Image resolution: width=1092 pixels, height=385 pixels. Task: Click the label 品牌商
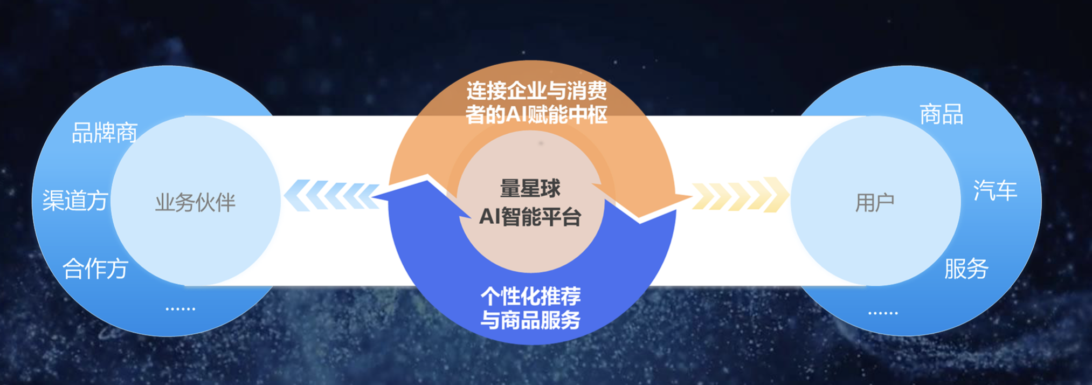tap(105, 133)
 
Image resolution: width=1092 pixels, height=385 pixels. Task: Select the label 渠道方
tap(75, 201)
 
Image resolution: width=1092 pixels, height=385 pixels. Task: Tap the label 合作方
tap(95, 269)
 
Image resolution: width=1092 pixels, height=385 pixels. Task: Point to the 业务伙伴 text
tap(195, 203)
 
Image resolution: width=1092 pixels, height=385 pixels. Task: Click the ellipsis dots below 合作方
tap(180, 309)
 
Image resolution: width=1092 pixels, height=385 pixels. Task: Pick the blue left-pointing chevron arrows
tap(332, 195)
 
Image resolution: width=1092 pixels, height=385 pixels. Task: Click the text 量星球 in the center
tap(530, 189)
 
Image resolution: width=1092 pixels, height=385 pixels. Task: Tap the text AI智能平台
tap(530, 217)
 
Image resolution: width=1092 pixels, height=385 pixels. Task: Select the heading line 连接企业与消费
tap(537, 91)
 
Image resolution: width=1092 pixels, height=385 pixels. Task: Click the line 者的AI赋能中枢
tap(537, 115)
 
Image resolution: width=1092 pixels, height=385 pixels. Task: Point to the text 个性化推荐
tap(531, 296)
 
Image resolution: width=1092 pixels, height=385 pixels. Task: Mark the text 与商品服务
tap(531, 320)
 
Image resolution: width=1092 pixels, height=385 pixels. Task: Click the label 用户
tap(874, 203)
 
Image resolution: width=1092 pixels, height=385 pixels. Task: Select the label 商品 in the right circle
tap(941, 114)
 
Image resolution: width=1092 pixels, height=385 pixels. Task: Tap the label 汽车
tap(995, 191)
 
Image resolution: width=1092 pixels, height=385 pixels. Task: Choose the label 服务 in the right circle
tap(966, 269)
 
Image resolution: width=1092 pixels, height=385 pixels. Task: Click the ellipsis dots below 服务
tap(883, 313)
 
